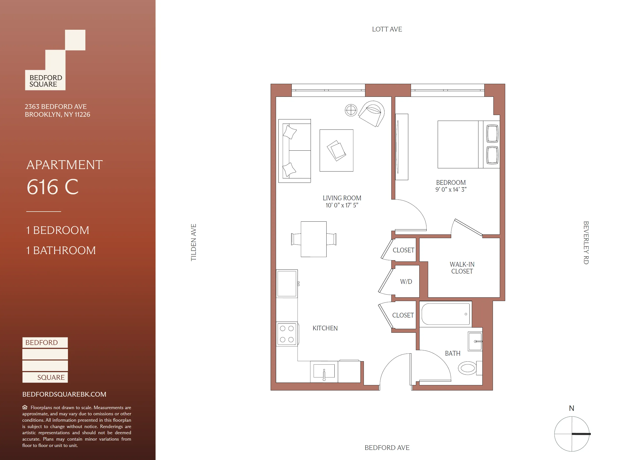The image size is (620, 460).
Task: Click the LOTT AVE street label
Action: pyautogui.click(x=387, y=29)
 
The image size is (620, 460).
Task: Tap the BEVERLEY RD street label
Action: pyautogui.click(x=586, y=243)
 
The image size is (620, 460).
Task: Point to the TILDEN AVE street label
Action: pyautogui.click(x=194, y=242)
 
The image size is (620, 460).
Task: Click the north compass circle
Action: pyautogui.click(x=572, y=433)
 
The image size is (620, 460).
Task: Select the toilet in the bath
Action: pyautogui.click(x=468, y=368)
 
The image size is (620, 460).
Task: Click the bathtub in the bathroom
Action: pyautogui.click(x=445, y=314)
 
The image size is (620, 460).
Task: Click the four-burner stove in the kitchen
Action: pyautogui.click(x=287, y=334)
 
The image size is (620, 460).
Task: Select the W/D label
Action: pyautogui.click(x=406, y=282)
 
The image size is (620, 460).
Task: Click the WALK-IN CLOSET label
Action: pyautogui.click(x=462, y=268)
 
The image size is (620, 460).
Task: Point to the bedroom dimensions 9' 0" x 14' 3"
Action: pyautogui.click(x=451, y=190)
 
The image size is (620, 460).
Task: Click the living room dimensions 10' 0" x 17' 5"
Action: pyautogui.click(x=342, y=205)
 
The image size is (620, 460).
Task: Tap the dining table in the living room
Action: pyautogui.click(x=314, y=239)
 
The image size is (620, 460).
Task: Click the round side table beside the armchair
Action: pyautogui.click(x=351, y=110)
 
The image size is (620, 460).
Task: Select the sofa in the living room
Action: pyautogui.click(x=294, y=151)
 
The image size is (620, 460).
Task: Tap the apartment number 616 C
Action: pyautogui.click(x=53, y=187)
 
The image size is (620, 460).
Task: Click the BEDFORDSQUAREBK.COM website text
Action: pyautogui.click(x=64, y=394)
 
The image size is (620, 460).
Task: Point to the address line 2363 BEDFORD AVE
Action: pyautogui.click(x=56, y=107)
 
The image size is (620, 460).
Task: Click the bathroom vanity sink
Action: pyautogui.click(x=475, y=341)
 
